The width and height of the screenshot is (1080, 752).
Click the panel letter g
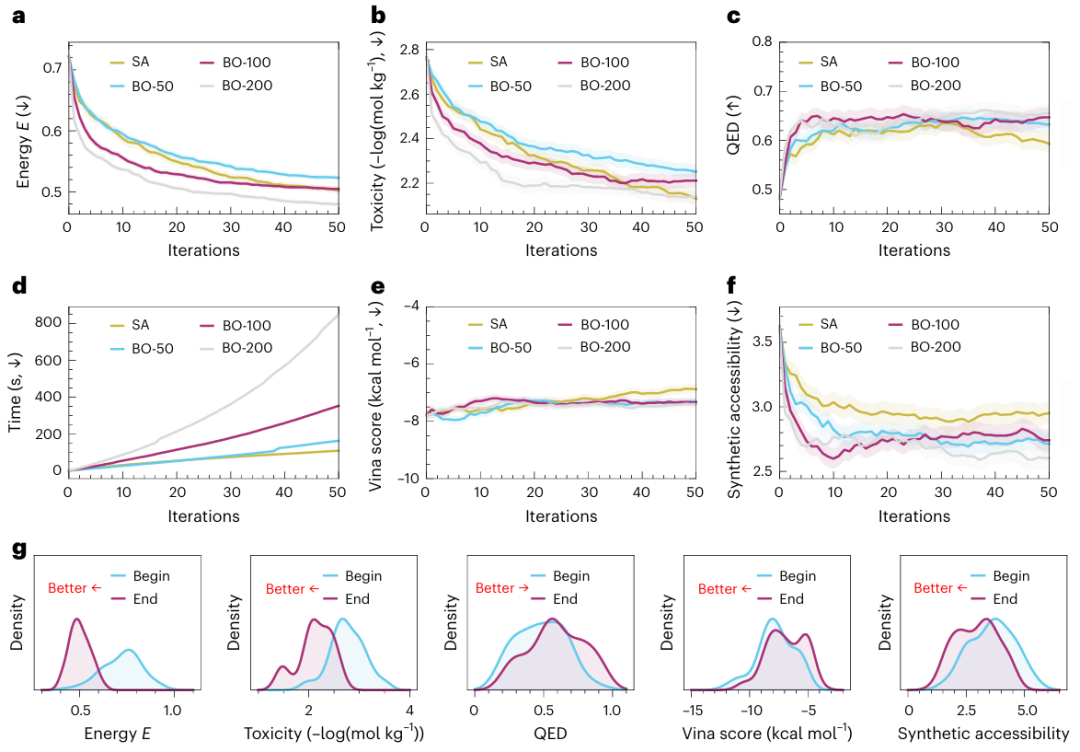click(17, 550)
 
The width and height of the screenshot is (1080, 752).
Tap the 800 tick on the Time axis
click(45, 322)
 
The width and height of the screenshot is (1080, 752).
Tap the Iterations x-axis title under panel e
click(562, 517)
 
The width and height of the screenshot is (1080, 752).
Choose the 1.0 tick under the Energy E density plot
click(172, 710)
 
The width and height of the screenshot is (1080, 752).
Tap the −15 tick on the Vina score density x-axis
click(694, 710)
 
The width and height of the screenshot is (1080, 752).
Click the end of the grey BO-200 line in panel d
click(336, 316)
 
